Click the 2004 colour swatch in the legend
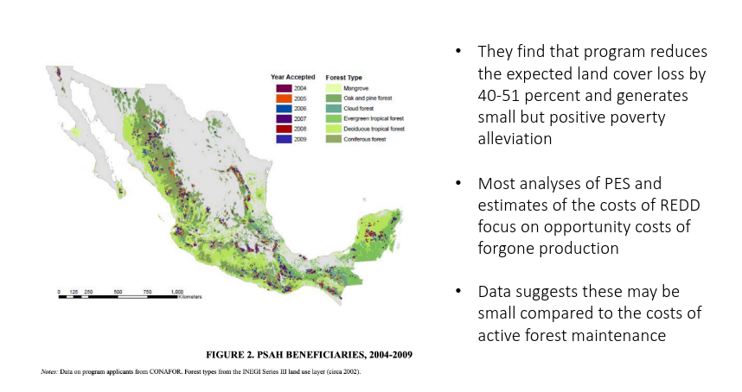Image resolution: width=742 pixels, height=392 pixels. click(284, 88)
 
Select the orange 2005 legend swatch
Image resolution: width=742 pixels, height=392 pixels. click(284, 98)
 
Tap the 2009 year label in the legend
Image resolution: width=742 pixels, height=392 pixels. click(300, 139)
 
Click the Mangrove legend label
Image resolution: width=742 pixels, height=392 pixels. click(355, 88)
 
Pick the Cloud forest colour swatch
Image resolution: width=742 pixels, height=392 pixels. click(333, 109)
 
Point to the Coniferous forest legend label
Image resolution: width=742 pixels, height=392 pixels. click(365, 139)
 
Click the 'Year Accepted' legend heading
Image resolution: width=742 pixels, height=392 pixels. click(293, 77)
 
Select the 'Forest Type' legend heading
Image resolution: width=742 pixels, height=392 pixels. click(344, 78)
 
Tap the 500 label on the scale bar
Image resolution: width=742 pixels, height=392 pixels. click(118, 292)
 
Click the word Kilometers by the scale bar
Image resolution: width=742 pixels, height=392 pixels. click(189, 297)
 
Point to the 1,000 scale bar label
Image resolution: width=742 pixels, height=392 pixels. click(177, 292)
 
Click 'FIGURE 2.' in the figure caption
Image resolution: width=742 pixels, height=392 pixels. click(229, 355)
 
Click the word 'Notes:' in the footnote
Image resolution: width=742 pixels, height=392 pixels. click(49, 371)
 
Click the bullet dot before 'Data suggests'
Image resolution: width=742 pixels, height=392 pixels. click(457, 291)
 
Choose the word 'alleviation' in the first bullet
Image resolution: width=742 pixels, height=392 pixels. click(515, 139)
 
